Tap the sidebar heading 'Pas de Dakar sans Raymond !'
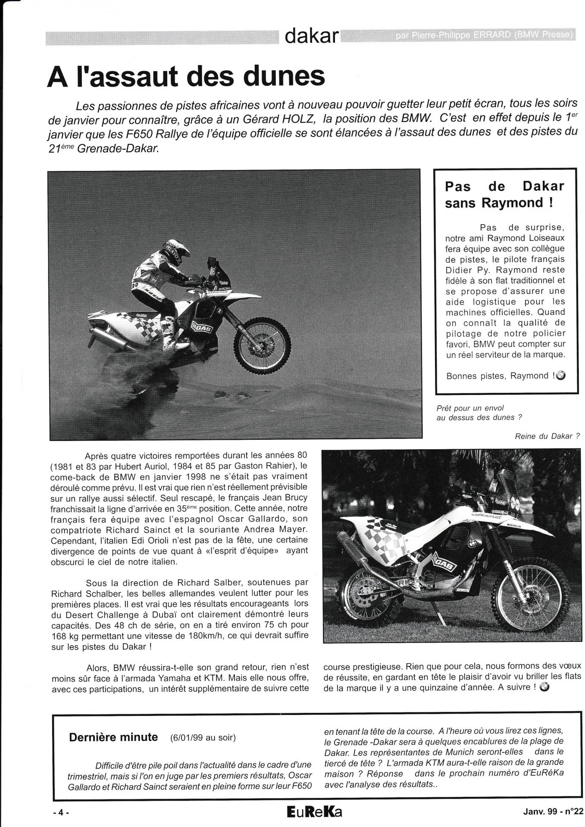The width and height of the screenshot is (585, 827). pos(504,194)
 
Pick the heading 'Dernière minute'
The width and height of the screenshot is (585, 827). pos(113,737)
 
